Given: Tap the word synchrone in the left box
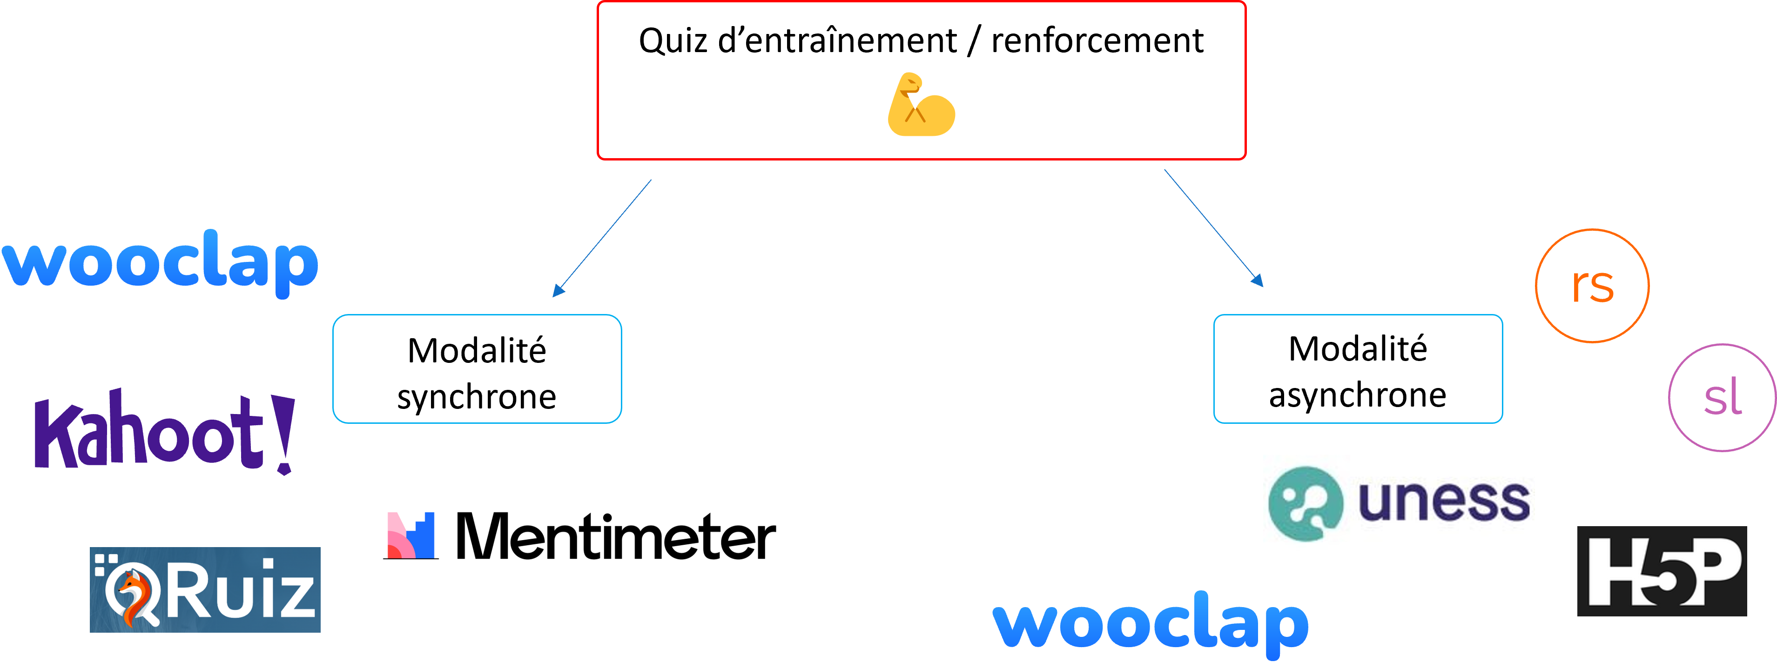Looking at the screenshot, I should point(477,397).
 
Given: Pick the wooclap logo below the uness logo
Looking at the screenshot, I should point(1150,623).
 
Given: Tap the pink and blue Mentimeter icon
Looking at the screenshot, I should point(411,536).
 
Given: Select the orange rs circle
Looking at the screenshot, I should point(1591,286).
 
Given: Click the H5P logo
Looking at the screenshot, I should point(1662,571).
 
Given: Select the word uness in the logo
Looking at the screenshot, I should point(1443,502).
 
